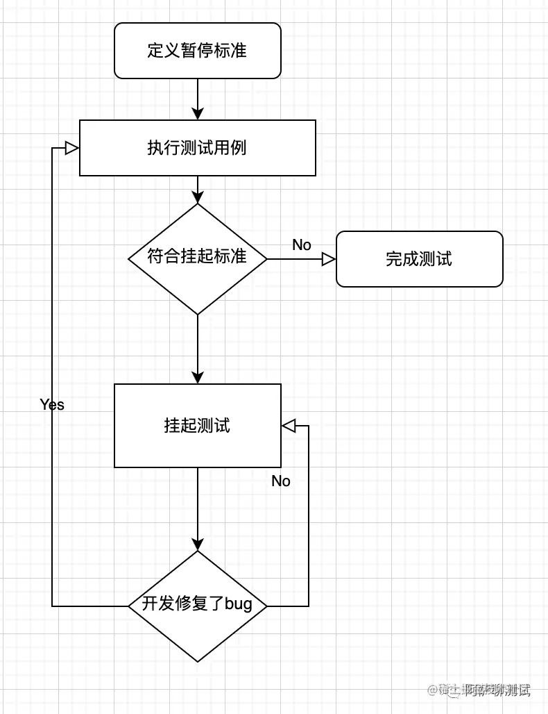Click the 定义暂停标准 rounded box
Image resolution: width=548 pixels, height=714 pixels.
(198, 51)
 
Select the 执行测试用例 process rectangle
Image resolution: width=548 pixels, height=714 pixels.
(198, 148)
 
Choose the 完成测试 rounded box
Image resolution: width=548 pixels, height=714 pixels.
(419, 259)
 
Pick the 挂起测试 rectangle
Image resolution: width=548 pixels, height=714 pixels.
(198, 425)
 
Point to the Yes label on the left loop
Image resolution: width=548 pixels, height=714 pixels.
(52, 404)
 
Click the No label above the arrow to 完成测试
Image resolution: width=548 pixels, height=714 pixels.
(302, 244)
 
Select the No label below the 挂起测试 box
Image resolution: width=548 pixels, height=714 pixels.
(281, 481)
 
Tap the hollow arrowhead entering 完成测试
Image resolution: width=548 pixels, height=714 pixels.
(329, 259)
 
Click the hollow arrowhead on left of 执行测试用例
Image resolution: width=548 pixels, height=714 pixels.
(71, 147)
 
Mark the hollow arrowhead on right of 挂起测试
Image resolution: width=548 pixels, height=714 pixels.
(289, 425)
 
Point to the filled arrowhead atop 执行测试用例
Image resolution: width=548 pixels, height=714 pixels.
(198, 113)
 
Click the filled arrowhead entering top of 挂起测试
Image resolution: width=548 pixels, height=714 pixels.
(198, 377)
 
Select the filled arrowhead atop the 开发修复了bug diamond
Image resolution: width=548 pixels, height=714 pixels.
(198, 544)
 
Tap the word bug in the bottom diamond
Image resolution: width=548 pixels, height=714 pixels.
(238, 604)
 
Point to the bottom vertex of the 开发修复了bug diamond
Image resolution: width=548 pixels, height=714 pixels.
(198, 661)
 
